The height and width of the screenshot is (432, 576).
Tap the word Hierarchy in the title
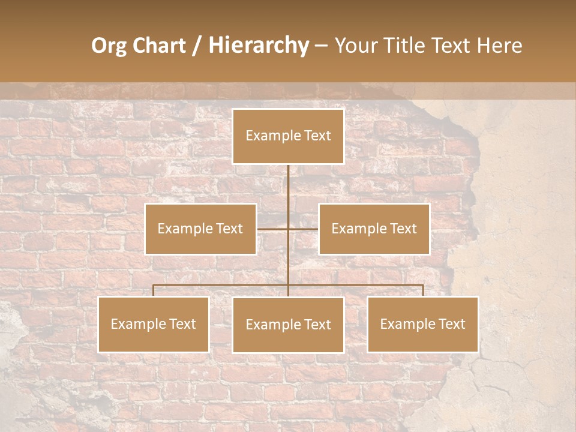click(x=258, y=46)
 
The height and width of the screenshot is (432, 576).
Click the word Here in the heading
click(x=499, y=46)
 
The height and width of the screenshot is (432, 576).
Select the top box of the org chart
click(x=288, y=136)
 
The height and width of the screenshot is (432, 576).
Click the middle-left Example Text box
click(x=200, y=229)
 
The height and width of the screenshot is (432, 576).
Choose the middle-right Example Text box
click(x=374, y=229)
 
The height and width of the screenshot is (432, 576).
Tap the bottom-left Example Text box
click(x=154, y=324)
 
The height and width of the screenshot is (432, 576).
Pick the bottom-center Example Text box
click(x=288, y=325)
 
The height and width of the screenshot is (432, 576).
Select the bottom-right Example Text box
click(x=422, y=324)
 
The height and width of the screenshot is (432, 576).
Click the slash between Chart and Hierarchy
click(x=197, y=46)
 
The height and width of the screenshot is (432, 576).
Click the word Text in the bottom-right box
click(x=451, y=324)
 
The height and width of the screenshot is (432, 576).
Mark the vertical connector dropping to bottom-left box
click(x=154, y=290)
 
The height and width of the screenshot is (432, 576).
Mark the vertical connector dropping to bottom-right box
click(x=422, y=290)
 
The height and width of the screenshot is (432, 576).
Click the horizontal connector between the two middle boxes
click(x=288, y=229)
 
